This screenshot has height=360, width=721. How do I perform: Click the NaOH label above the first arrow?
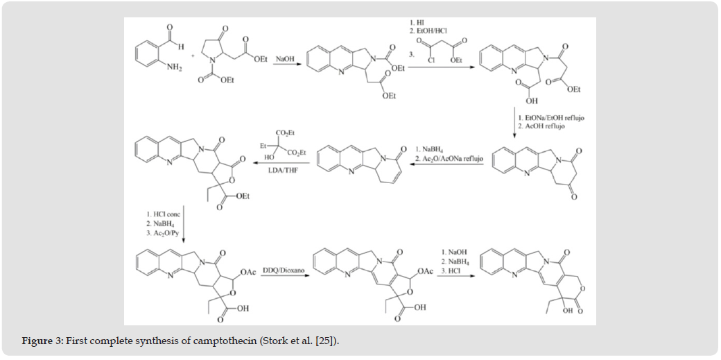(285, 60)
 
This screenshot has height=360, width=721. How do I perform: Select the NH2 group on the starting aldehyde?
(154, 68)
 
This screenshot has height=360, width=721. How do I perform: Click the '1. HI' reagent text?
(419, 23)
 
